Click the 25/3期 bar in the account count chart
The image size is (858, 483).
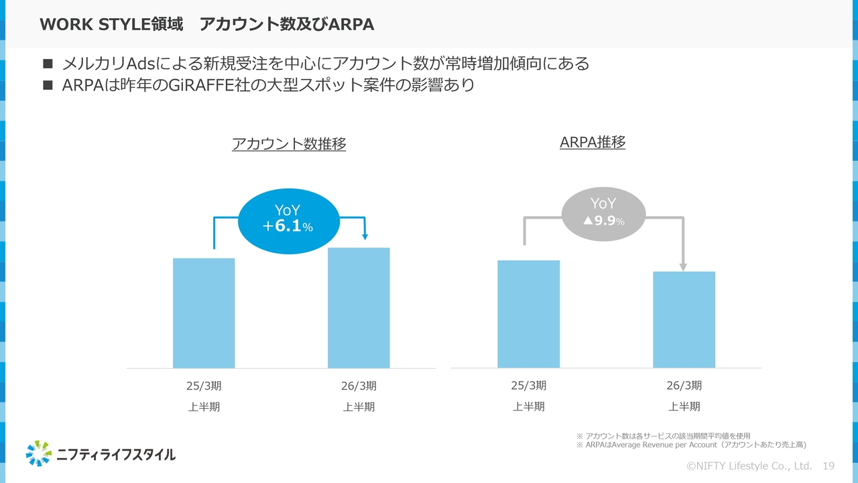204,313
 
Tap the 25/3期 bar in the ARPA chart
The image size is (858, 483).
528,313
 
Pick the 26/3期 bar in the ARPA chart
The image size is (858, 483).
684,319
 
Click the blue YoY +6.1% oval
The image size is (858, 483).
288,219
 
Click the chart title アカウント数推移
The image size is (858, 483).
289,144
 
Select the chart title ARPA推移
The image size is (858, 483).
593,142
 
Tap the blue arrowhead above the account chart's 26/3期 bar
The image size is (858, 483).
365,236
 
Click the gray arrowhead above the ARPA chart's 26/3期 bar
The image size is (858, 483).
683,267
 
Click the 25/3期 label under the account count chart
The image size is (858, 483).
204,386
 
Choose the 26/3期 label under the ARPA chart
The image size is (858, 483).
684,386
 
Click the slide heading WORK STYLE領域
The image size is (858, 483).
111,25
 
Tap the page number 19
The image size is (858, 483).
828,466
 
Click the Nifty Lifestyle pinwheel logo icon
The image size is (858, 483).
39,453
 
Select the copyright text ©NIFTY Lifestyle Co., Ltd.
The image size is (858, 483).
749,466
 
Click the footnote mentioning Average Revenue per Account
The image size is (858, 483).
691,445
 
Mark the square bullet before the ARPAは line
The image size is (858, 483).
47,85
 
